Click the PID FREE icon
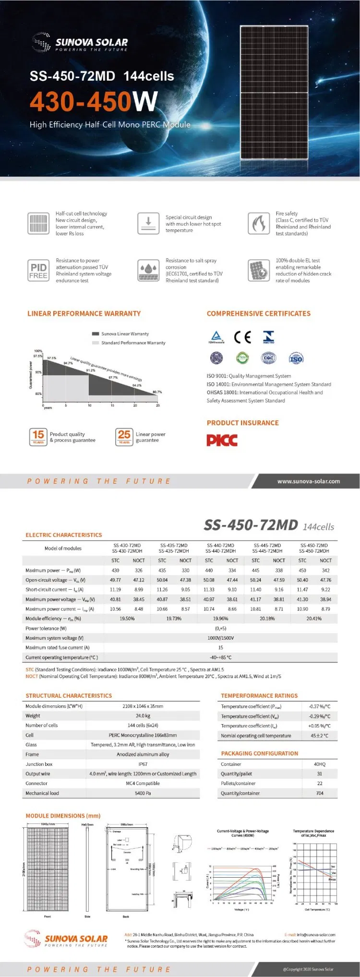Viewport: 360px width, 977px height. pyautogui.click(x=38, y=270)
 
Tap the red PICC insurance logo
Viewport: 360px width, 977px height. pyautogui.click(x=222, y=440)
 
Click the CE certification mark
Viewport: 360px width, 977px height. pyautogui.click(x=242, y=337)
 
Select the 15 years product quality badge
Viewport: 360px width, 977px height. pyautogui.click(x=38, y=437)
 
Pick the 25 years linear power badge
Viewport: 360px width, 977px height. pyautogui.click(x=124, y=437)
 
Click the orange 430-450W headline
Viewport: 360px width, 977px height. pyautogui.click(x=94, y=101)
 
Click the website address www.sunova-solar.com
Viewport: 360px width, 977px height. pyautogui.click(x=308, y=481)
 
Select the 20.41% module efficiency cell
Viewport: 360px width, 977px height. pyautogui.click(x=314, y=619)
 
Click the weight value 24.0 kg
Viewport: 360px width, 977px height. pyautogui.click(x=143, y=715)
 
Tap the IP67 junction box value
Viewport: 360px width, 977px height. pyautogui.click(x=143, y=764)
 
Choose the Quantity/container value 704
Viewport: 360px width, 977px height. pyautogui.click(x=320, y=793)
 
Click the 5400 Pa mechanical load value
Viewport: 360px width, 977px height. pyautogui.click(x=143, y=793)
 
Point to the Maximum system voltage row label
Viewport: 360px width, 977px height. pyautogui.click(x=54, y=638)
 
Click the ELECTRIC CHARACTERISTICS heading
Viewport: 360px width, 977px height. pyautogui.click(x=64, y=535)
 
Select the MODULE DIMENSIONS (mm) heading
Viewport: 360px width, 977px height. pyautogui.click(x=63, y=815)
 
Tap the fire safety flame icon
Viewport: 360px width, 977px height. pyautogui.click(x=259, y=223)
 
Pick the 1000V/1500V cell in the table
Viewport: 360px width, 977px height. pyautogui.click(x=221, y=638)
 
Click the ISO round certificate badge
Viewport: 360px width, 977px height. pyautogui.click(x=296, y=358)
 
